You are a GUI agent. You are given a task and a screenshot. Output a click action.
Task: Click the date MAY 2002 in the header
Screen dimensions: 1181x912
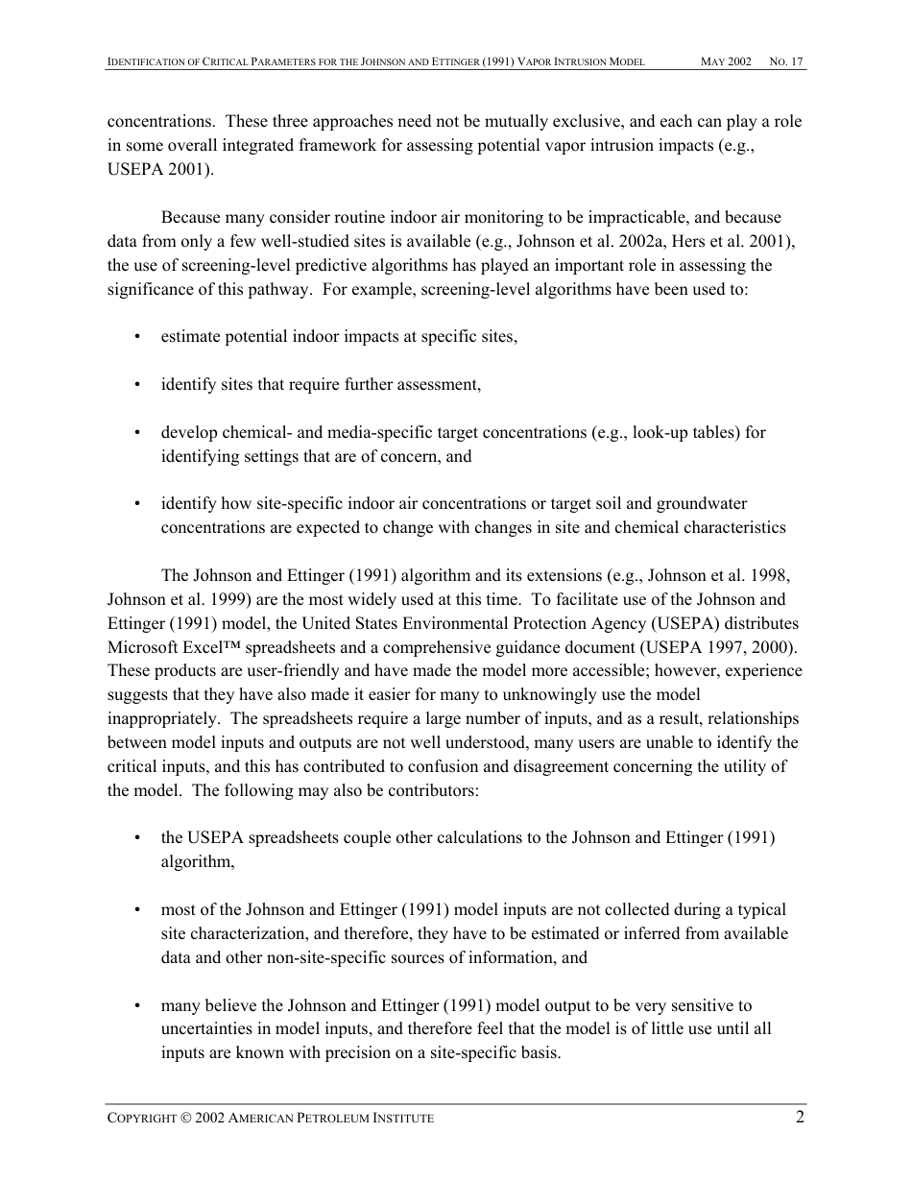pyautogui.click(x=726, y=61)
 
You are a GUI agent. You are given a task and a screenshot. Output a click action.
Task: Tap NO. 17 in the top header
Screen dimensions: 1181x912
pyautogui.click(x=786, y=61)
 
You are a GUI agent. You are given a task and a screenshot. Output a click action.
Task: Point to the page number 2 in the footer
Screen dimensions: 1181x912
pyautogui.click(x=799, y=1117)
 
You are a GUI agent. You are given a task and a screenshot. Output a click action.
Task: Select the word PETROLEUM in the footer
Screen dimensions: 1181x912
pyautogui.click(x=347, y=1119)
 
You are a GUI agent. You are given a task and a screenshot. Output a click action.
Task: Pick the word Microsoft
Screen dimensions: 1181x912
pyautogui.click(x=140, y=647)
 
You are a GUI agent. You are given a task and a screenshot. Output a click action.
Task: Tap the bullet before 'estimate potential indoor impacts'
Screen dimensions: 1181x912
pyautogui.click(x=138, y=337)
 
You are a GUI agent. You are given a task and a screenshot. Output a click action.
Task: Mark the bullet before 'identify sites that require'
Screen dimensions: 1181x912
pyautogui.click(x=138, y=385)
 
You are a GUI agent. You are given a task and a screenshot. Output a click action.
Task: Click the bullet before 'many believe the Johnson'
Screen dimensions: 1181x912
pyautogui.click(x=138, y=1006)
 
